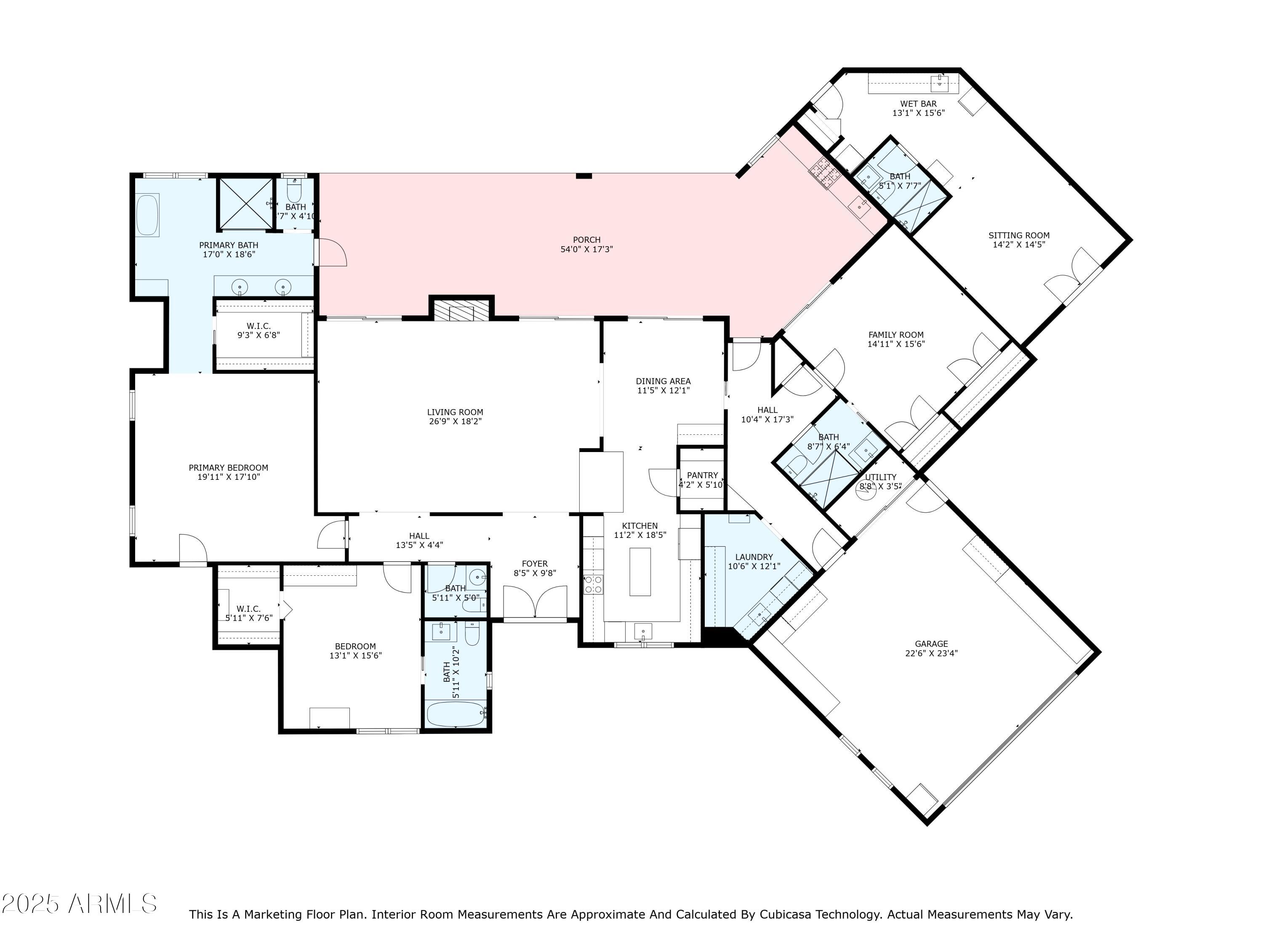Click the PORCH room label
coord(586,240)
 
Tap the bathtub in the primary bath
coord(147,215)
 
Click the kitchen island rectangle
coord(640,572)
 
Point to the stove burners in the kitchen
coord(593,585)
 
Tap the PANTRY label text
coord(702,475)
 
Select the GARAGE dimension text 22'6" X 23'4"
coord(931,653)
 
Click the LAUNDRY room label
coord(754,556)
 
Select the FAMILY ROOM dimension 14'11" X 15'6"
coord(896,344)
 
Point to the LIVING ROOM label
coord(455,412)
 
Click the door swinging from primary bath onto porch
coord(331,252)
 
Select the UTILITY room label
coord(880,477)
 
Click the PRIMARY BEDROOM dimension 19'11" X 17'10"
coord(228,476)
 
